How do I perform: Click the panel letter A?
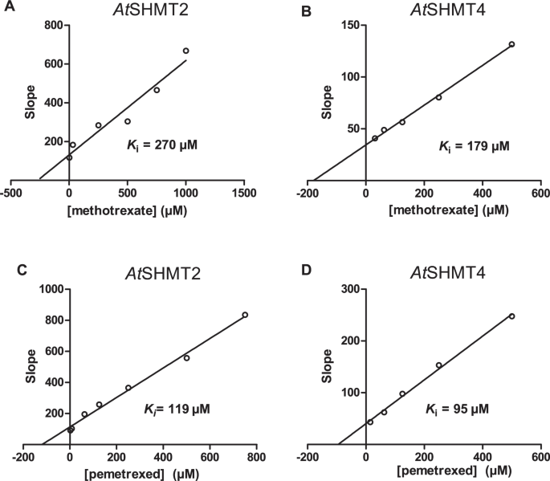coord(7,10)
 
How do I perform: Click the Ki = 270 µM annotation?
coord(161,145)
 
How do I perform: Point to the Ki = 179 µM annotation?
coord(474,145)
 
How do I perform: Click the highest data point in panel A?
coord(185,51)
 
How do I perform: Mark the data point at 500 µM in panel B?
coord(511,44)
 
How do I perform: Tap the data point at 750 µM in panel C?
coord(245,315)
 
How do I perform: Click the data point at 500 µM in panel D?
coord(511,316)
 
